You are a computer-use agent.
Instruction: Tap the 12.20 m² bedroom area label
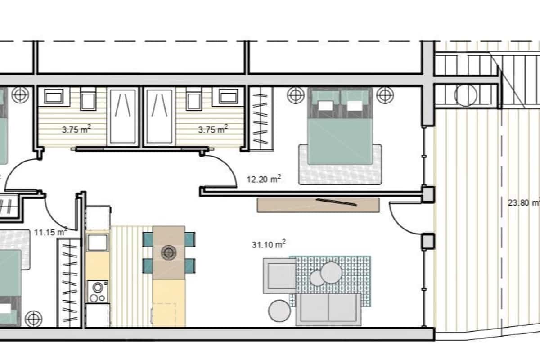pyautogui.click(x=264, y=179)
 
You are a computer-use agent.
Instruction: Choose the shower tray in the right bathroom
pyautogui.click(x=158, y=116)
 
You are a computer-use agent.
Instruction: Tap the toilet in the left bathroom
pyautogui.click(x=88, y=100)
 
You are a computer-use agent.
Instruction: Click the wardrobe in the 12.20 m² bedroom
pyautogui.click(x=261, y=119)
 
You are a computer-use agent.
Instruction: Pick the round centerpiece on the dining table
pyautogui.click(x=169, y=253)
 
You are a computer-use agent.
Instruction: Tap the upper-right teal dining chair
pyautogui.click(x=190, y=239)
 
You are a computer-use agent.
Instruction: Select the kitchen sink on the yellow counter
pyautogui.click(x=97, y=243)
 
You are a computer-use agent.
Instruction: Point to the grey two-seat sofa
pyautogui.click(x=328, y=309)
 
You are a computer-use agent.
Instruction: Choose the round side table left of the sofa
pyautogui.click(x=280, y=310)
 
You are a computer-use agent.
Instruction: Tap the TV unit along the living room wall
pyautogui.click(x=318, y=204)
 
